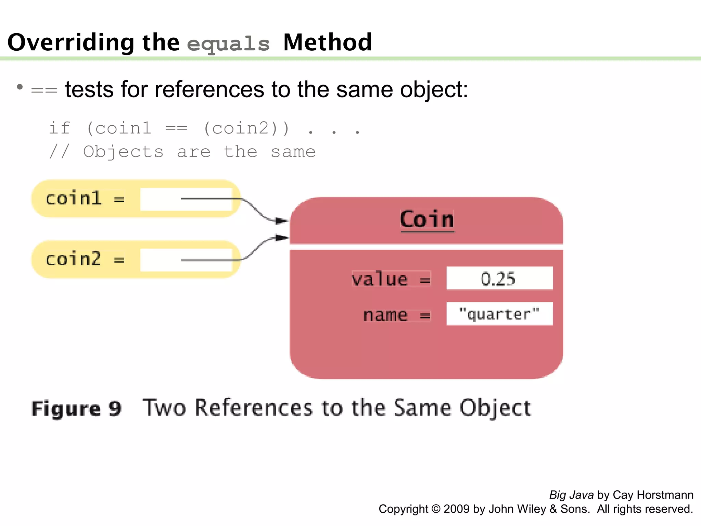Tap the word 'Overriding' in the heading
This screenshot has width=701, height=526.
71,42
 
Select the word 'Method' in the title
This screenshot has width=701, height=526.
328,42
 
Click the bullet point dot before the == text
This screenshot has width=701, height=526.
20,87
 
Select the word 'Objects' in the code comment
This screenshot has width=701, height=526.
123,152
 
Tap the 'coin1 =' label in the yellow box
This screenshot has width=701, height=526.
85,199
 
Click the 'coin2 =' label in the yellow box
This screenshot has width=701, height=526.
85,259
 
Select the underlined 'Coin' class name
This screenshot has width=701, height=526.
427,220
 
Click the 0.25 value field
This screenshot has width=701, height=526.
499,278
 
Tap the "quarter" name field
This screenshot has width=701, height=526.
499,314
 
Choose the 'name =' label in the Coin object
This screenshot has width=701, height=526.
396,315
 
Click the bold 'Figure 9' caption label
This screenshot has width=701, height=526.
76,409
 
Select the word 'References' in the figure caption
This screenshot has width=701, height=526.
254,408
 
